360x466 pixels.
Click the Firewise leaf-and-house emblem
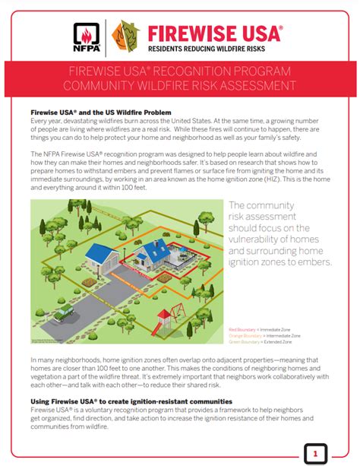[x=125, y=35]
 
